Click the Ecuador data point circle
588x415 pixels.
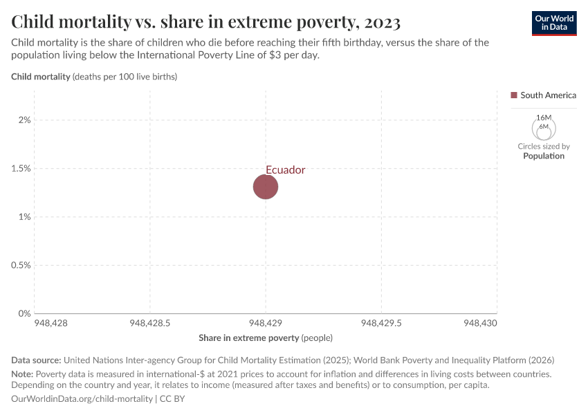tap(266, 186)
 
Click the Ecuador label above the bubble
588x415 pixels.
tap(285, 169)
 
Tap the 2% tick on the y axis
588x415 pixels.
tap(25, 120)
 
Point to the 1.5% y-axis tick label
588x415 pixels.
tap(21, 168)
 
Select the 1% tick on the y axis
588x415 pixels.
tap(25, 216)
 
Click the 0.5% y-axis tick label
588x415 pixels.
tap(21, 265)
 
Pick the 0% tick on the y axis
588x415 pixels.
tap(25, 313)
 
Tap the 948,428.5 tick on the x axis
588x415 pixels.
tap(150, 323)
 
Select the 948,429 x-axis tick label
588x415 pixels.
tap(266, 323)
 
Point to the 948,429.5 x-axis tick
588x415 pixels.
tap(381, 323)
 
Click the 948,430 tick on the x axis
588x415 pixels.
tap(480, 323)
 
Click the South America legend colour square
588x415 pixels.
tap(514, 95)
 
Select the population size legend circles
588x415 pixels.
tap(544, 128)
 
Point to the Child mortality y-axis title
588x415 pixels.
tap(41, 77)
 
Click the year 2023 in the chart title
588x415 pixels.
tap(379, 22)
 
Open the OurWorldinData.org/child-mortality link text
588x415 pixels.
tap(82, 398)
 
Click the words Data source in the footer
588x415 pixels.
tap(36, 360)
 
